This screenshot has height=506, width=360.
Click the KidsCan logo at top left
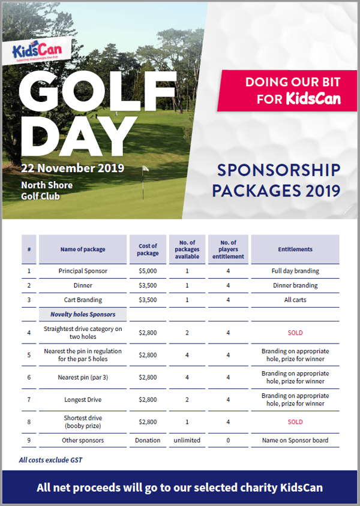pyautogui.click(x=41, y=50)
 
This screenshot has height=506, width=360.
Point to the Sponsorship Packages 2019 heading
pyautogui.click(x=277, y=180)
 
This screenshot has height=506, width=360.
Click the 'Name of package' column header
pyautogui.click(x=83, y=249)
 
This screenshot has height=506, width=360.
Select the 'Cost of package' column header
pyautogui.click(x=148, y=249)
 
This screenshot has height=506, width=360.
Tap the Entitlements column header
pyautogui.click(x=295, y=249)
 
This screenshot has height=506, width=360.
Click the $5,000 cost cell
pyautogui.click(x=148, y=271)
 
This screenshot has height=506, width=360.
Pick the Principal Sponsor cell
pyautogui.click(x=83, y=271)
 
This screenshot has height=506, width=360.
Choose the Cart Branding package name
pyautogui.click(x=83, y=300)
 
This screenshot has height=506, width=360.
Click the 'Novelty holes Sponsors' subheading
pyautogui.click(x=83, y=314)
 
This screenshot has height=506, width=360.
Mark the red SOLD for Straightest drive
pyautogui.click(x=295, y=333)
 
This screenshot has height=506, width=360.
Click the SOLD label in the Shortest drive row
pyautogui.click(x=295, y=422)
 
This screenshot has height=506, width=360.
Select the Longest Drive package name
pyautogui.click(x=83, y=400)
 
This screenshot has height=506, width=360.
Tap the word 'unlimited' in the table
pyautogui.click(x=187, y=440)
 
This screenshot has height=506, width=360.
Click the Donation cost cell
pyautogui.click(x=148, y=440)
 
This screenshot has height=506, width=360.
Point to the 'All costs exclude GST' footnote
pyautogui.click(x=50, y=460)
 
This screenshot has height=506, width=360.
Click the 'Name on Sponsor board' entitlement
pyautogui.click(x=295, y=440)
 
